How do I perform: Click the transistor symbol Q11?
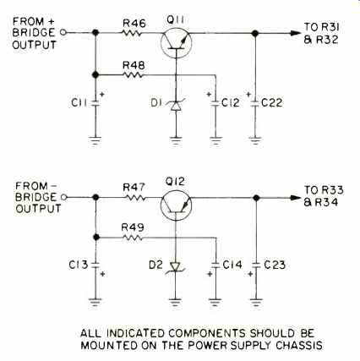pyautogui.click(x=176, y=43)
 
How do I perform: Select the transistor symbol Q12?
pyautogui.click(x=176, y=206)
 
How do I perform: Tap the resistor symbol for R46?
pyautogui.click(x=132, y=33)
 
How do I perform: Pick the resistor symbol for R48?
pyautogui.click(x=133, y=75)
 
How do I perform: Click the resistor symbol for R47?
pyautogui.click(x=135, y=197)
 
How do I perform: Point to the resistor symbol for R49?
pyautogui.click(x=132, y=238)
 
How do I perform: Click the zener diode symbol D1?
pyautogui.click(x=176, y=105)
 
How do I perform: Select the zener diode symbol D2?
pyautogui.click(x=176, y=267)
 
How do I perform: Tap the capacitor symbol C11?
pyautogui.click(x=95, y=103)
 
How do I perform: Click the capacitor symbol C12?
pyautogui.click(x=215, y=103)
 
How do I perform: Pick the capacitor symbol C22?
pyautogui.click(x=255, y=103)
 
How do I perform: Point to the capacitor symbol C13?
pyautogui.click(x=95, y=265)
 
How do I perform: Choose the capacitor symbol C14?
pyautogui.click(x=215, y=265)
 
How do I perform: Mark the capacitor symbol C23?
pyautogui.click(x=256, y=265)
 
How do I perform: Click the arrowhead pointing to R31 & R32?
pyautogui.click(x=296, y=33)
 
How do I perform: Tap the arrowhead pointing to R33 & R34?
pyautogui.click(x=296, y=198)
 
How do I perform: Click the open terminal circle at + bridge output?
pyautogui.click(x=63, y=33)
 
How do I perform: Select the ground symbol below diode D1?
pyautogui.click(x=176, y=140)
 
